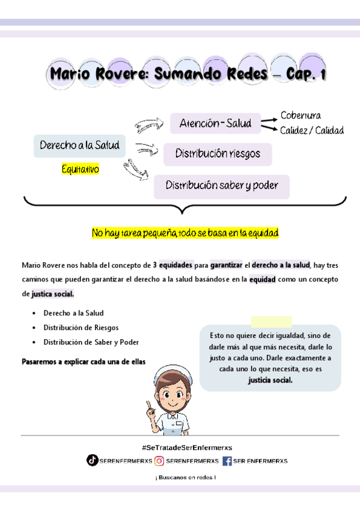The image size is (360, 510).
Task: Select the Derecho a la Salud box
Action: click(x=79, y=146)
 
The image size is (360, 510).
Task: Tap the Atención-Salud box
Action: click(x=215, y=124)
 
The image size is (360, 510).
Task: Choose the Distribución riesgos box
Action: click(x=218, y=154)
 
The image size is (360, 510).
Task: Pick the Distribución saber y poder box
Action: click(x=221, y=186)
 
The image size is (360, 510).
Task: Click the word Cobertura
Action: click(x=301, y=115)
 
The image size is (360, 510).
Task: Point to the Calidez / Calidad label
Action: click(x=311, y=131)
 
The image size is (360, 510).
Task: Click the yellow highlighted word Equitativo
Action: click(x=80, y=170)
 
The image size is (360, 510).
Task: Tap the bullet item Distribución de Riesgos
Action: click(x=81, y=328)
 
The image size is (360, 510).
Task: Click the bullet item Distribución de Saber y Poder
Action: click(x=91, y=342)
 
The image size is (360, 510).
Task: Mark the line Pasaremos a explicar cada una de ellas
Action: click(x=84, y=362)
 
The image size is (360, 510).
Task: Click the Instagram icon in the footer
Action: click(x=159, y=461)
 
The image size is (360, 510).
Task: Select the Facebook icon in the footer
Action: click(x=227, y=461)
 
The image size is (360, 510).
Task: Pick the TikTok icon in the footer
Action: click(x=92, y=461)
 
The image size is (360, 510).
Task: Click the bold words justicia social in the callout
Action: click(x=270, y=380)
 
